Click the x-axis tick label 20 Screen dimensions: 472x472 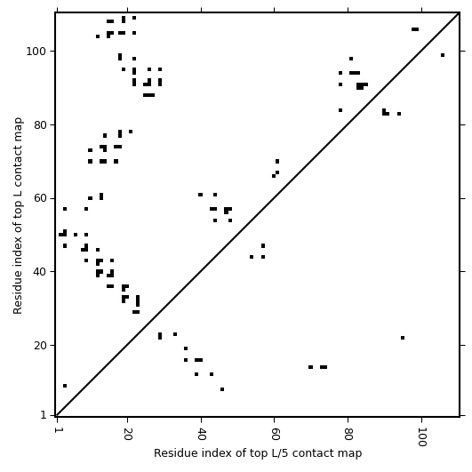(x=128, y=434)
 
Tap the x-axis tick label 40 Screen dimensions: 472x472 (x=201, y=434)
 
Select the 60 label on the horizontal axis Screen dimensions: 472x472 (x=275, y=434)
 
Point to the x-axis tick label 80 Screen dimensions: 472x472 (x=348, y=434)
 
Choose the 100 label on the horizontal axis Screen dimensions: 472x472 (x=421, y=437)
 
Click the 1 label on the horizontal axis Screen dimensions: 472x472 (x=57, y=430)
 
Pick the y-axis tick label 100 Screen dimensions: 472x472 (x=36, y=52)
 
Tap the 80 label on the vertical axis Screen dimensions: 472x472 (x=40, y=125)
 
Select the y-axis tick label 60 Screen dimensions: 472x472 (x=40, y=199)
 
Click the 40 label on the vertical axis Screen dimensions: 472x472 (x=40, y=272)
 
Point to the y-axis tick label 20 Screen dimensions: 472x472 (x=40, y=346)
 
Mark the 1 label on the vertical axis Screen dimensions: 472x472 (x=44, y=415)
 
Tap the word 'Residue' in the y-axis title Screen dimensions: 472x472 (x=18, y=296)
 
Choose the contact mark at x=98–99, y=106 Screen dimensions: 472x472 (x=415, y=29)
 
